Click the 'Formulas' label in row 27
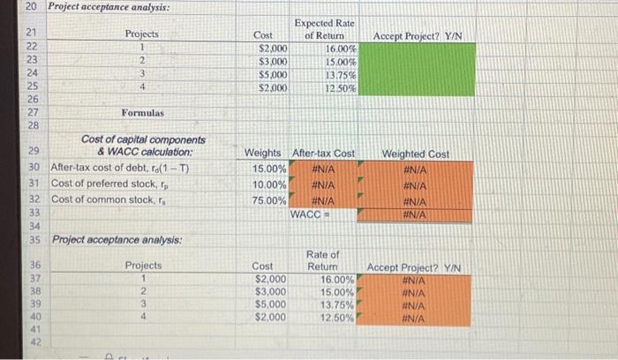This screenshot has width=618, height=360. click(x=143, y=113)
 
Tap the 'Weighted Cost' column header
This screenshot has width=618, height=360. click(x=415, y=154)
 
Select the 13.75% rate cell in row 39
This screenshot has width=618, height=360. click(x=335, y=303)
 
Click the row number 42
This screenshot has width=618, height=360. click(x=35, y=342)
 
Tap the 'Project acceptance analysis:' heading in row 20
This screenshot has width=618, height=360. click(x=96, y=8)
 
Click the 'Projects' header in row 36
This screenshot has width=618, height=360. click(x=143, y=265)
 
